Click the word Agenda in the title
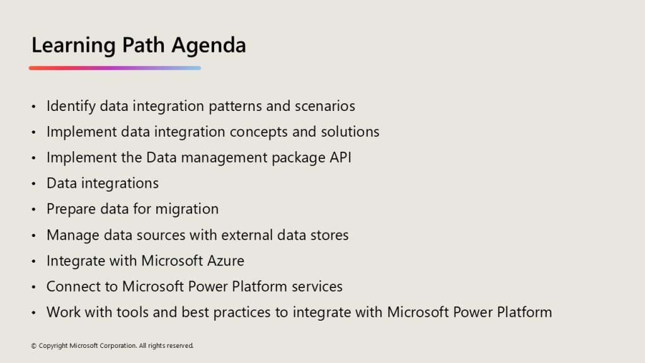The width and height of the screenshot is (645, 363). tap(208, 45)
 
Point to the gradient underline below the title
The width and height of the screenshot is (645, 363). tap(115, 68)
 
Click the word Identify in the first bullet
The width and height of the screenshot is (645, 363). tap(71, 106)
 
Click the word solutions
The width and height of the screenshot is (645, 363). tap(350, 132)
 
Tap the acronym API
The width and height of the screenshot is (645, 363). tap(341, 158)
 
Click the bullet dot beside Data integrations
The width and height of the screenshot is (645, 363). tap(34, 183)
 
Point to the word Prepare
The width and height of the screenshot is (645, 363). tap(71, 209)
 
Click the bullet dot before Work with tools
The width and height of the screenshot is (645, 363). tap(34, 313)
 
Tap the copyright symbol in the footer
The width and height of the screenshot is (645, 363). tap(34, 346)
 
